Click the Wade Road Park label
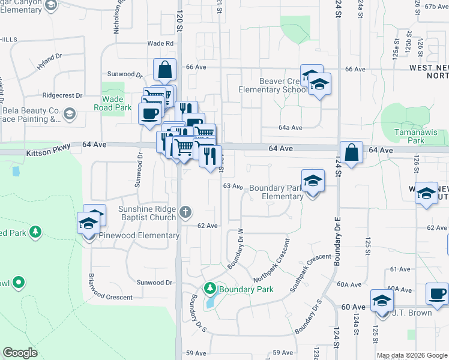pyautogui.click(x=113, y=103)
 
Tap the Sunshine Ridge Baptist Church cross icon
pyautogui.click(x=186, y=211)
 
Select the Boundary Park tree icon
pyautogui.click(x=210, y=289)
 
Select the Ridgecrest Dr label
pyautogui.click(x=61, y=95)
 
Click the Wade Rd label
pyautogui.click(x=160, y=43)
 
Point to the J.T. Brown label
pyautogui.click(x=412, y=313)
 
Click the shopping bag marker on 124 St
pyautogui.click(x=352, y=152)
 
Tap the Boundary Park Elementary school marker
pyautogui.click(x=312, y=181)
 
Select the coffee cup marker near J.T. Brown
pyautogui.click(x=437, y=294)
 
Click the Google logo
pyautogui.click(x=20, y=353)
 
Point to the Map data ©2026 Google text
pyautogui.click(x=412, y=355)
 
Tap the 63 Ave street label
pyautogui.click(x=233, y=187)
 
